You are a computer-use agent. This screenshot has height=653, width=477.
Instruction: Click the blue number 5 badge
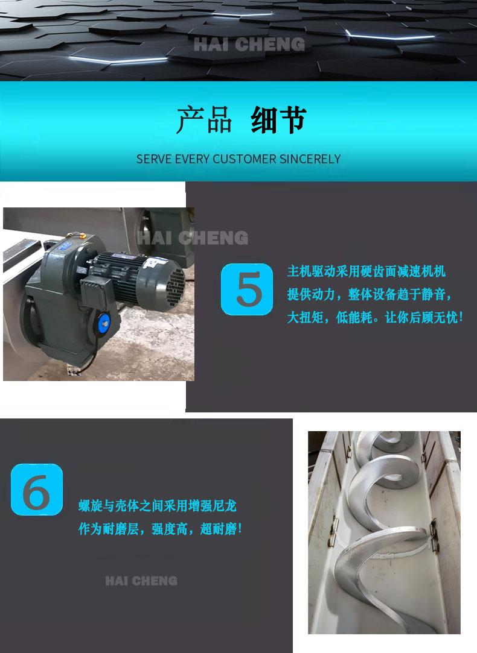click(246, 289)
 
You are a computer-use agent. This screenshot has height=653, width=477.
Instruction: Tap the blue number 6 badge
click(37, 490)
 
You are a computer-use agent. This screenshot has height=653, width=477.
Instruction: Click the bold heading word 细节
click(278, 121)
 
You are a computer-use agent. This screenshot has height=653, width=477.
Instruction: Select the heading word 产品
click(204, 121)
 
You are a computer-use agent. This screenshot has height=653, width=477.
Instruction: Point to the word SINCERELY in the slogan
click(310, 159)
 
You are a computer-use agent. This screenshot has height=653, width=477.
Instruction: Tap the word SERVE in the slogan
click(153, 159)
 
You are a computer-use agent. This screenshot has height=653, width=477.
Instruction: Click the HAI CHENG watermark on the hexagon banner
click(249, 45)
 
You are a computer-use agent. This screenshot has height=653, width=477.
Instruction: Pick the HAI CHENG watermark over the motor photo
click(193, 238)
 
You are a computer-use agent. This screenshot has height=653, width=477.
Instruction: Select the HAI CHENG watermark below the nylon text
click(141, 581)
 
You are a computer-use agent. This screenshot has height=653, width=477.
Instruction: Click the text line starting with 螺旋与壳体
click(158, 506)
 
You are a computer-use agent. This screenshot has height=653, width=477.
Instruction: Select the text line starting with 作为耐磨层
click(160, 529)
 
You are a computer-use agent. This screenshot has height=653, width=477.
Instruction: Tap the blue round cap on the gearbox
click(104, 323)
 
